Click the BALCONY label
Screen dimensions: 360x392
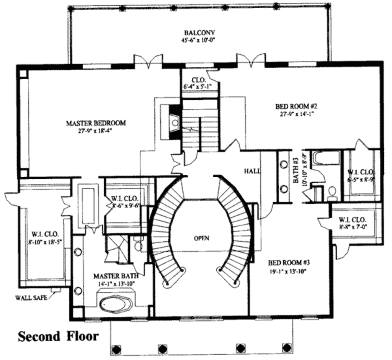point(199,32)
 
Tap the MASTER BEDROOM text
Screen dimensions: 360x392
point(96,123)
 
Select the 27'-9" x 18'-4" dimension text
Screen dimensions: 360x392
point(96,130)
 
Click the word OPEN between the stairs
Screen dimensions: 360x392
point(201,238)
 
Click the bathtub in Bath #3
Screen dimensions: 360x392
point(326,158)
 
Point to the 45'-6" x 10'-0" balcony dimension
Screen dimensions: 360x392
point(199,39)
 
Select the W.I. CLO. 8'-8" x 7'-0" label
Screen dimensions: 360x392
point(352,223)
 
